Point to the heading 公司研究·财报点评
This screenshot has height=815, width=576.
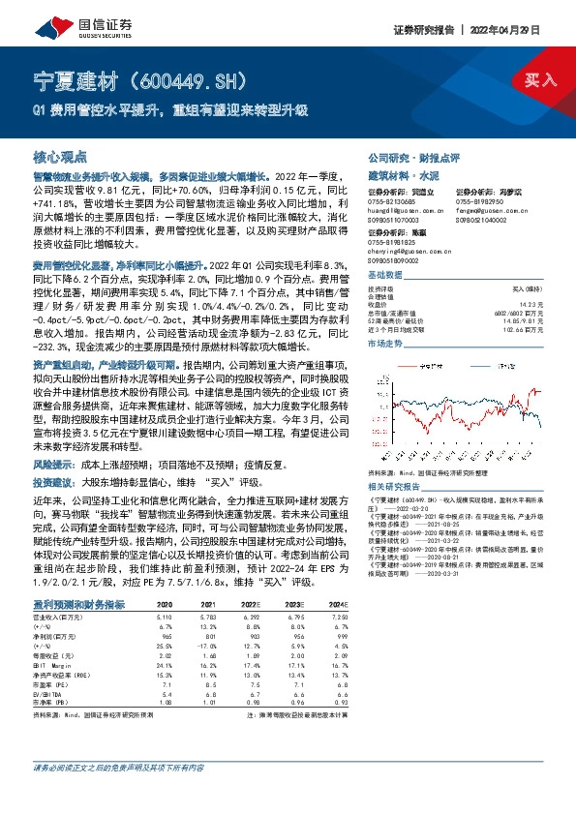[404, 157]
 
